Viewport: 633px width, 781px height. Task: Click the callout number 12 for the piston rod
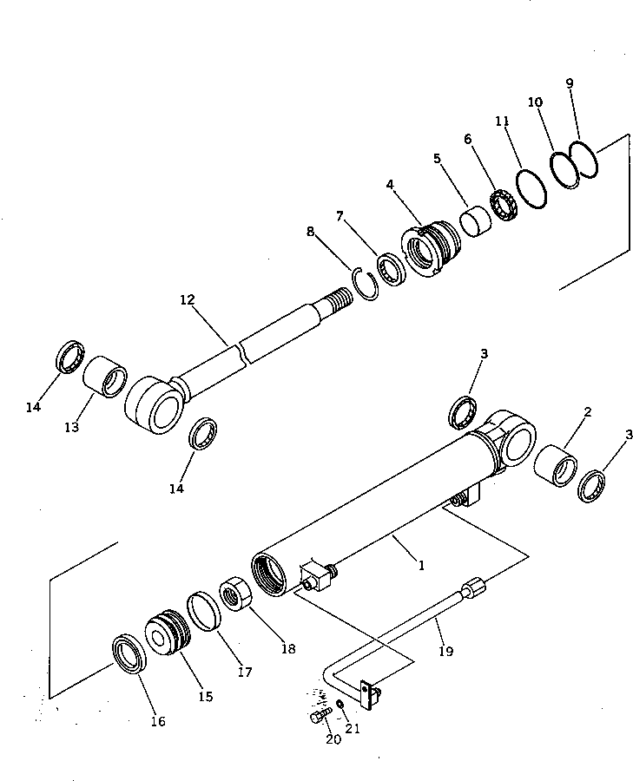(187, 299)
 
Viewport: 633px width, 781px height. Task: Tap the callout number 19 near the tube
(445, 650)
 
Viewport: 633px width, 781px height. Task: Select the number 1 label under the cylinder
(421, 565)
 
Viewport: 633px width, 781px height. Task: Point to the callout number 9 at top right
(570, 83)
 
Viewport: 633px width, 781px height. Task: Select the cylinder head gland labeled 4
(429, 248)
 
